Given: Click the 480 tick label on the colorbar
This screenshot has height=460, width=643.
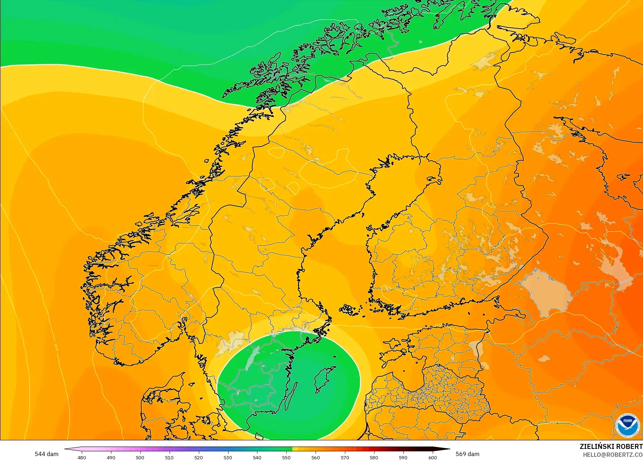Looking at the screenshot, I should click(82, 457).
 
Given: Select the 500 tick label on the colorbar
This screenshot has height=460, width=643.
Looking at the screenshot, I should click(140, 457).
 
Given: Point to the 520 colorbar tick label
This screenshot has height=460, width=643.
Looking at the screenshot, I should click(199, 457).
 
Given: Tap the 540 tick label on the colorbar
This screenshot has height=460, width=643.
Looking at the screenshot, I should click(257, 457).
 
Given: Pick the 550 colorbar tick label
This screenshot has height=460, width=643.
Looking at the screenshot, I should click(286, 457).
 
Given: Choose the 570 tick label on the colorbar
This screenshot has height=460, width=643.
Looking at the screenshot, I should click(345, 457).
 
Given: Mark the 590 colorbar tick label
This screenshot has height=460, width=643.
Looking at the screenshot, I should click(403, 457).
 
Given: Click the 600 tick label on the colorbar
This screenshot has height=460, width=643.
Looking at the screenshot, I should click(432, 457).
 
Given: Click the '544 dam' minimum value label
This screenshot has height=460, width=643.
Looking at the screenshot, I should click(46, 454).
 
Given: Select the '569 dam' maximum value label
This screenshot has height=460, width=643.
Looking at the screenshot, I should click(467, 454).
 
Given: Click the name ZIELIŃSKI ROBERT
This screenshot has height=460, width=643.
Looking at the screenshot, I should click(611, 446).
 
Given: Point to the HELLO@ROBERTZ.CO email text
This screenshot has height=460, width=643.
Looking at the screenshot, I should click(613, 455).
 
